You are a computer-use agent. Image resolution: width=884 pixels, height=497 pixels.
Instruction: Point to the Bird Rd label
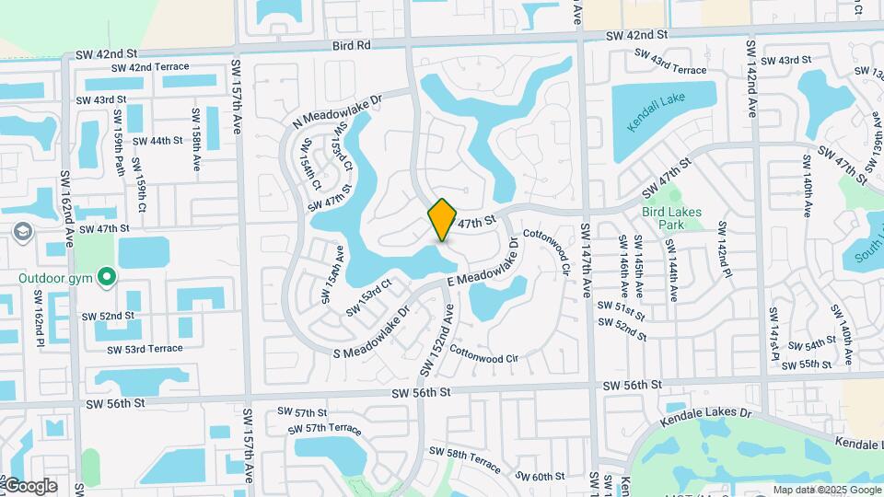[x=351, y=45]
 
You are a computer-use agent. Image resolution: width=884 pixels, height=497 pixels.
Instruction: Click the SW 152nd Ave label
[x=437, y=340]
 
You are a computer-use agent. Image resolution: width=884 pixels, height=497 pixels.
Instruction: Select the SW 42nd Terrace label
[x=150, y=67]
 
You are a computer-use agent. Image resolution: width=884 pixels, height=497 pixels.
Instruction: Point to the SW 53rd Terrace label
[x=145, y=349]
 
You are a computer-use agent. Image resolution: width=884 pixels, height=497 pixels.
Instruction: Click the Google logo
[x=29, y=485]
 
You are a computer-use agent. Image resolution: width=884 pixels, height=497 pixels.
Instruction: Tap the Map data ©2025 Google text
[x=827, y=490]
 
